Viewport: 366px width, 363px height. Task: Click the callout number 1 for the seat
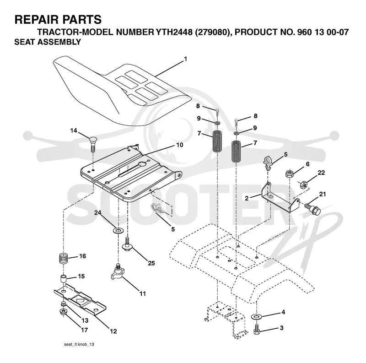186,59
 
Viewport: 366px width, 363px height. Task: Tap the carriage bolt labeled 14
93,145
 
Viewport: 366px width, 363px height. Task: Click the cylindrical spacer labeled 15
63,279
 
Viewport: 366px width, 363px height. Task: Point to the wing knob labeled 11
118,272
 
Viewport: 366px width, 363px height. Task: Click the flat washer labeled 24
118,231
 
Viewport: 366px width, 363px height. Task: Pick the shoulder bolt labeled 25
127,244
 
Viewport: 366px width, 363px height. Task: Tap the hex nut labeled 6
289,174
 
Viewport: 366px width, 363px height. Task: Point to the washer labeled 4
257,317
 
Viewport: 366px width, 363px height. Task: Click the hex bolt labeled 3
256,330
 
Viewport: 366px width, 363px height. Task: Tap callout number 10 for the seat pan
179,145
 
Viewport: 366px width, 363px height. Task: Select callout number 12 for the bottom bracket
113,331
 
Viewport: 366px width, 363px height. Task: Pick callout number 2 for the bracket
247,198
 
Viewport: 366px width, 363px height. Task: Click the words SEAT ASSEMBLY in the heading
48,42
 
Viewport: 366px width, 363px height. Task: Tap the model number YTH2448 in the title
173,32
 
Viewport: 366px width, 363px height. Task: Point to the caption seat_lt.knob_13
79,344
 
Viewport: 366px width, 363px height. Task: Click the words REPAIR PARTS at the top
58,19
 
